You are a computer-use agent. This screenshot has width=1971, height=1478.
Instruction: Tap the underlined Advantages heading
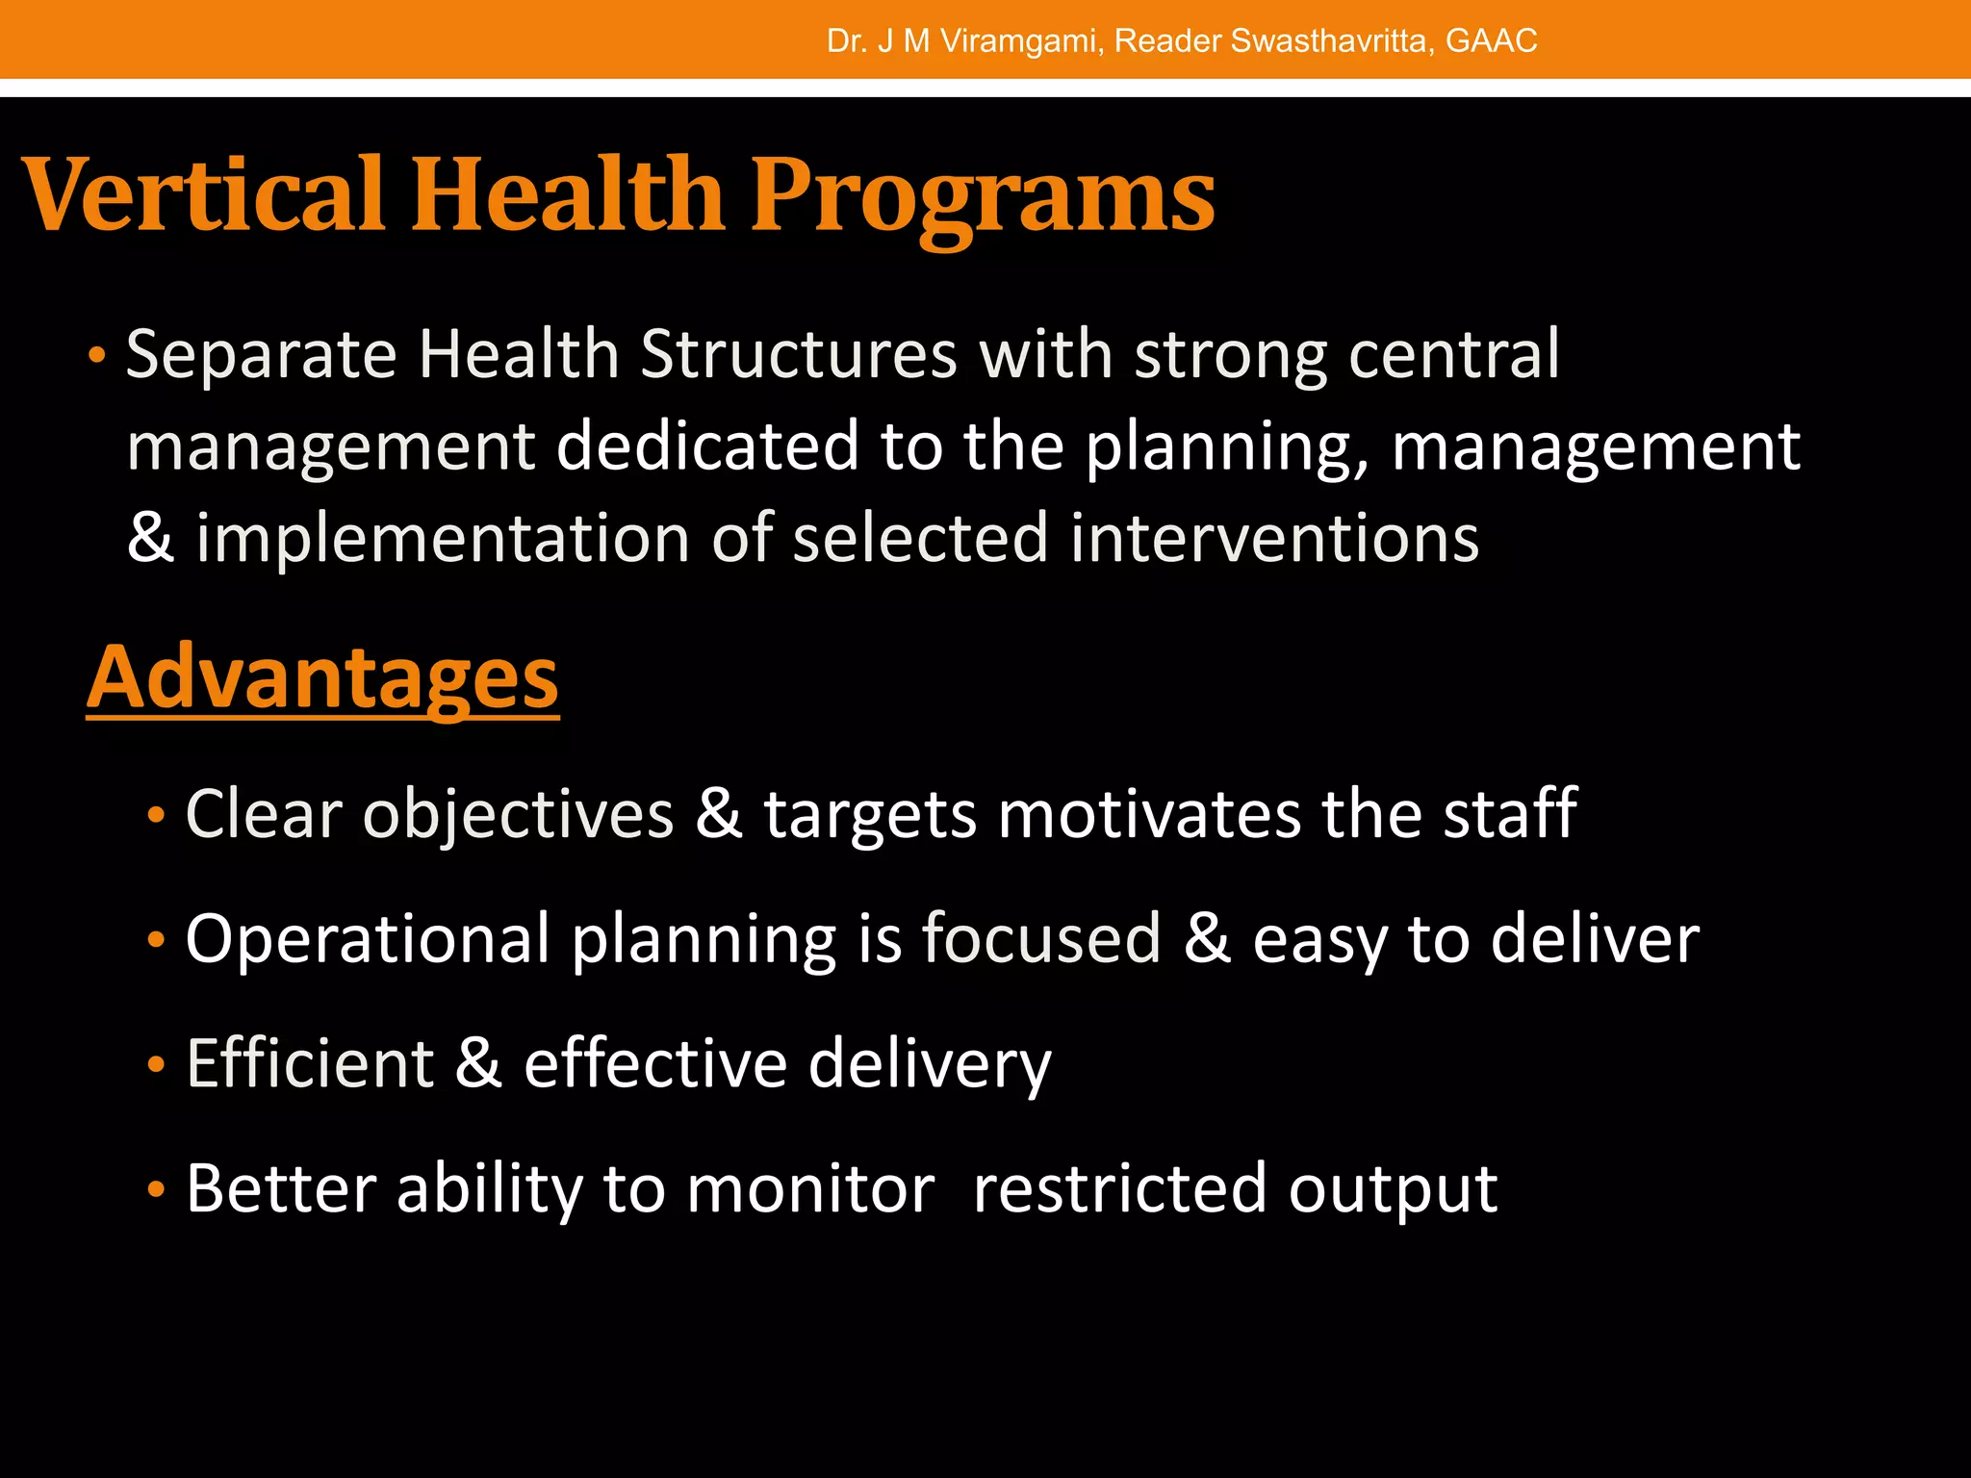click(x=322, y=677)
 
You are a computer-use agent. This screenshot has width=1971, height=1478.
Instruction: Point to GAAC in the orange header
click(x=1491, y=41)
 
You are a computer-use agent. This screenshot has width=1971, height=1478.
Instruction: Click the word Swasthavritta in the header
click(x=1329, y=41)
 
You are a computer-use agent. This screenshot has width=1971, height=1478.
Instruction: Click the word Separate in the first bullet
click(x=261, y=356)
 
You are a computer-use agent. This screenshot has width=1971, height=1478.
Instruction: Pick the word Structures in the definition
click(x=799, y=356)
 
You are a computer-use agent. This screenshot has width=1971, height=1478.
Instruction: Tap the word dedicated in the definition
click(x=707, y=447)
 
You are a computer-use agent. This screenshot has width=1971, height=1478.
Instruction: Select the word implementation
click(x=443, y=538)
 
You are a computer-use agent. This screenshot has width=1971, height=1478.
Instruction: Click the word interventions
click(x=1274, y=538)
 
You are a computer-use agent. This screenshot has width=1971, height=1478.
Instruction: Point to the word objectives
click(x=518, y=816)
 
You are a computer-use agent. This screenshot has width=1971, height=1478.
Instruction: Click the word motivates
click(x=1148, y=816)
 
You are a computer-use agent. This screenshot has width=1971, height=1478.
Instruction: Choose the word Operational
click(x=368, y=939)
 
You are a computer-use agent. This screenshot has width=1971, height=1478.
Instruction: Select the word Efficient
click(x=310, y=1064)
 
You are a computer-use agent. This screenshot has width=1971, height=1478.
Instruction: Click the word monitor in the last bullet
click(x=810, y=1189)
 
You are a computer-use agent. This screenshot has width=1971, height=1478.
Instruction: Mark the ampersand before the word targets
click(x=719, y=814)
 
